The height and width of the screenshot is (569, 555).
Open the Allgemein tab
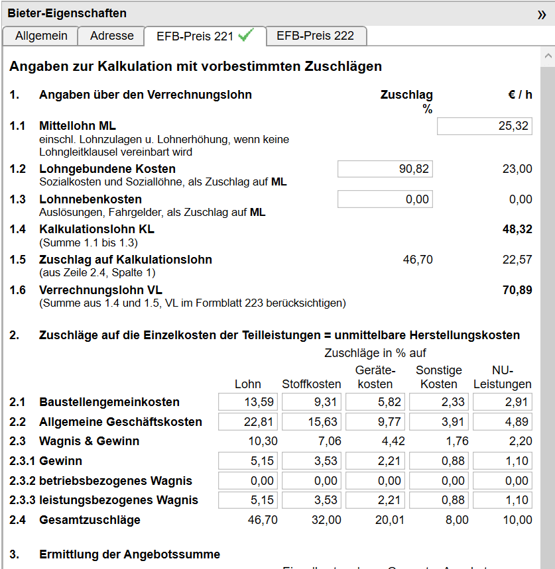tap(41, 36)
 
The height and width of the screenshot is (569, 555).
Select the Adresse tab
tap(111, 36)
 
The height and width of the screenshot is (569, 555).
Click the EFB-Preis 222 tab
tap(315, 36)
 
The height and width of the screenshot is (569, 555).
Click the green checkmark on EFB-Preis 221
tap(246, 36)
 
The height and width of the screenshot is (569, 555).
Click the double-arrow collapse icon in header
tap(542, 15)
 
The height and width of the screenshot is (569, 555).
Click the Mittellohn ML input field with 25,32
tap(484, 126)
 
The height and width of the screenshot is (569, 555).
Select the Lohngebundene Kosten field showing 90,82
tap(385, 169)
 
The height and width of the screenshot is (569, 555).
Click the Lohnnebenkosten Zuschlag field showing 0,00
tap(385, 199)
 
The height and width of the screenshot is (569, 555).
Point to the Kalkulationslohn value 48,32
tap(517, 229)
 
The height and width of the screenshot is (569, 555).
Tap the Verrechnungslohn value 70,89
tap(517, 290)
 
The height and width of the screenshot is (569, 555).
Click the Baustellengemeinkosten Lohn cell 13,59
tap(248, 402)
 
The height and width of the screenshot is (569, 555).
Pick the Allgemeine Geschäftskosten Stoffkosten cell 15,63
tap(312, 422)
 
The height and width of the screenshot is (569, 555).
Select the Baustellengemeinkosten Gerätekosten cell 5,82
tap(375, 402)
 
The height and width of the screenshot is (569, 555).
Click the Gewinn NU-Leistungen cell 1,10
tap(503, 461)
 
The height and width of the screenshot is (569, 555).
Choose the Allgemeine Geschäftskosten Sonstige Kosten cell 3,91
tap(439, 422)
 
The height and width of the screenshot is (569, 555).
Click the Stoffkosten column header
tap(312, 384)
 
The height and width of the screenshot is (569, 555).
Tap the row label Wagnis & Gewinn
tap(89, 441)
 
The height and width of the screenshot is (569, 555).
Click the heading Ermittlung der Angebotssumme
tap(129, 554)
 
